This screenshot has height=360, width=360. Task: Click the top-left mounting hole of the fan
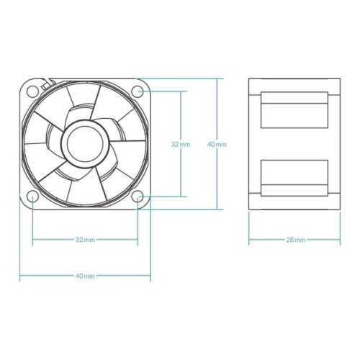click(x=33, y=91)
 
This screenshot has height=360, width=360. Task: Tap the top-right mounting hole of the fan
click(x=138, y=91)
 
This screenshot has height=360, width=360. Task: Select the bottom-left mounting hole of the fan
click(x=33, y=196)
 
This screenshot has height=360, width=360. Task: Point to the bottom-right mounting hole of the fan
click(x=138, y=196)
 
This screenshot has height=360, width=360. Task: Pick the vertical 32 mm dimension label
click(x=181, y=144)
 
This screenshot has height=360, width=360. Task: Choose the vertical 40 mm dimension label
click(x=216, y=144)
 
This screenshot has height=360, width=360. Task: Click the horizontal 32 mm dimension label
click(x=85, y=239)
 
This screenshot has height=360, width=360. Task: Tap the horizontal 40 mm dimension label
click(x=85, y=275)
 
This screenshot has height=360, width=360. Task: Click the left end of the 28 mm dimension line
click(x=249, y=239)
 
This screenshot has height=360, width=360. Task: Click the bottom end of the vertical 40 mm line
click(x=216, y=210)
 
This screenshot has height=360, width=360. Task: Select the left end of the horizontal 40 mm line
click(x=20, y=275)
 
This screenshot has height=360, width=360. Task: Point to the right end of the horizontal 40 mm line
click(x=150, y=275)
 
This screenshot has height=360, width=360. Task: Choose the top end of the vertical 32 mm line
click(x=181, y=91)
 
